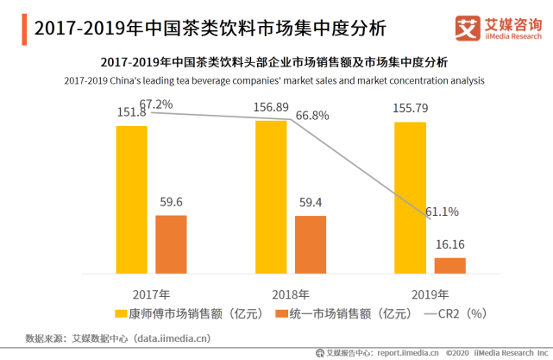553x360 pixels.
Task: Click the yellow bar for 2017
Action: click(x=131, y=199)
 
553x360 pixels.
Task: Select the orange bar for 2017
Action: click(x=171, y=244)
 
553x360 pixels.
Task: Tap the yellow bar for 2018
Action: click(x=271, y=197)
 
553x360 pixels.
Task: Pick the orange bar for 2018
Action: click(x=311, y=244)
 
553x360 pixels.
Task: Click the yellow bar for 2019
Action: click(x=410, y=198)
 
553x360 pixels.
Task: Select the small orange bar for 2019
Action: click(x=449, y=265)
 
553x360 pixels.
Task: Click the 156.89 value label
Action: click(x=271, y=108)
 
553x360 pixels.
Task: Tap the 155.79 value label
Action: click(x=411, y=110)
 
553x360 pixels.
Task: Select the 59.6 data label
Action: click(x=171, y=202)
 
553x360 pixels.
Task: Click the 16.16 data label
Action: click(x=450, y=244)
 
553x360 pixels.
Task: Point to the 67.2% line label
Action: click(x=156, y=104)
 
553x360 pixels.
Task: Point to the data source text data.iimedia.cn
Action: click(x=173, y=338)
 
